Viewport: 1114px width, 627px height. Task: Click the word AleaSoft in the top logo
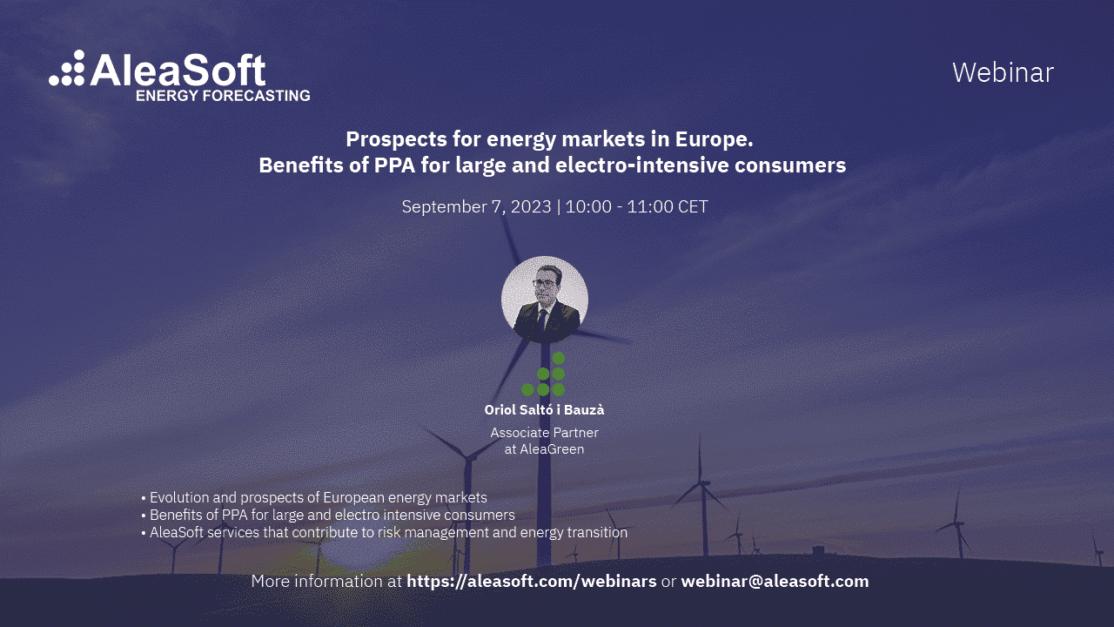[178, 70]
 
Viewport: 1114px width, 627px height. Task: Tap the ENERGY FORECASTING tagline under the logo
[223, 95]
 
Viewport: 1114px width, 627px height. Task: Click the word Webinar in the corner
[1003, 72]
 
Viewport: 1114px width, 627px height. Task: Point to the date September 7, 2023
[476, 206]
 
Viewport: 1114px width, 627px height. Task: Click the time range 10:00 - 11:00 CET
[637, 206]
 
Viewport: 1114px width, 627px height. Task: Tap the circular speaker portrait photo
[545, 299]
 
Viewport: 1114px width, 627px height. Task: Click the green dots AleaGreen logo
[546, 374]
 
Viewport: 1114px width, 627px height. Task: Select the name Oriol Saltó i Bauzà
[544, 409]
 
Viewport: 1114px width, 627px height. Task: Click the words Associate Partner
[544, 432]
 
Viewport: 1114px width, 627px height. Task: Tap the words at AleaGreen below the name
[544, 449]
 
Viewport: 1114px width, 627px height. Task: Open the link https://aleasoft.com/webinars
[531, 581]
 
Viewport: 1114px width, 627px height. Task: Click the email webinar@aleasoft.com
[775, 581]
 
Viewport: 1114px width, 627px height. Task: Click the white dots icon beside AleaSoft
[68, 68]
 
